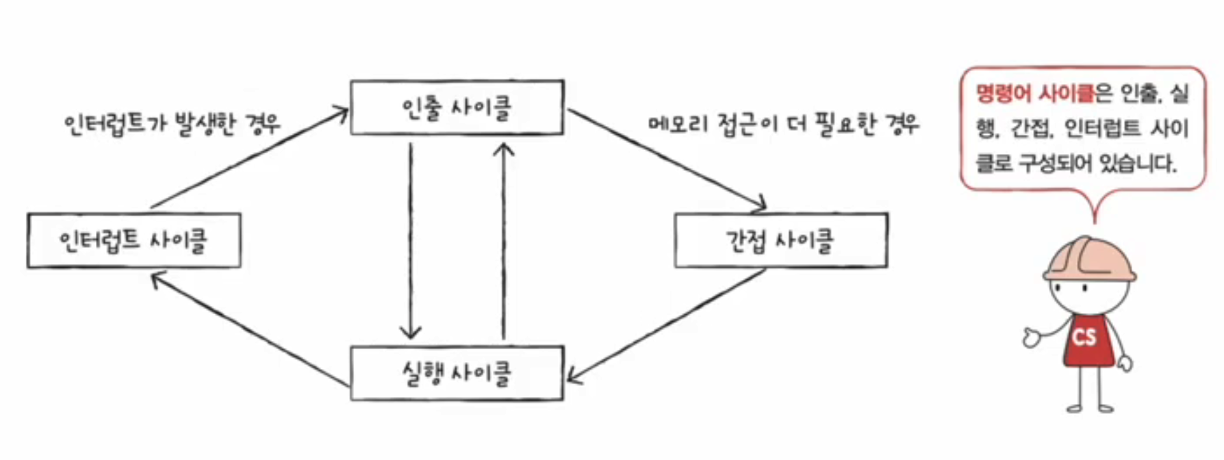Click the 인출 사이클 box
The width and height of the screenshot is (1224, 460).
[x=457, y=107]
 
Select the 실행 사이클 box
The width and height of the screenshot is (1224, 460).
[x=457, y=373]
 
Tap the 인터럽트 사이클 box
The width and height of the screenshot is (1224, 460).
[x=134, y=240]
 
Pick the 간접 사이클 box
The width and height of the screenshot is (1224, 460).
[x=780, y=240]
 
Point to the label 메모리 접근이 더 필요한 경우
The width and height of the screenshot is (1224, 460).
[x=784, y=125]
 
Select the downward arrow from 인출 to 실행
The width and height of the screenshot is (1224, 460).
[x=410, y=240]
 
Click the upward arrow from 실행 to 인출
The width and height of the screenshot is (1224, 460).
[x=504, y=240]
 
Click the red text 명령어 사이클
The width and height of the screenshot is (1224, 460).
[x=1034, y=93]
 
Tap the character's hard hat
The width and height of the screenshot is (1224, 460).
[x=1088, y=260]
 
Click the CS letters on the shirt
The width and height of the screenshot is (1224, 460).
[x=1084, y=337]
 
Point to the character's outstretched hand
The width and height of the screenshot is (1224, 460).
[x=1032, y=337]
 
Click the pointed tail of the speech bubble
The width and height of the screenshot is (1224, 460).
[x=1094, y=205]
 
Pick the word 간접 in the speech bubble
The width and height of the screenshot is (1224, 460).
[x=1032, y=129]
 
